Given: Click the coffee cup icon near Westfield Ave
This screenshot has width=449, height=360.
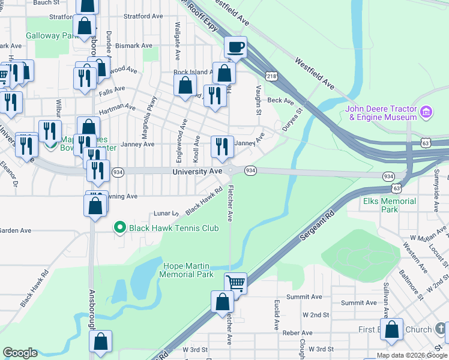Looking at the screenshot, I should coord(236,47).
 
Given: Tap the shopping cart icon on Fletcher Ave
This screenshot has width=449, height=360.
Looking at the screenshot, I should coord(236,283).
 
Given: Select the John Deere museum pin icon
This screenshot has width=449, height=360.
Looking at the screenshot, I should coord(427,112).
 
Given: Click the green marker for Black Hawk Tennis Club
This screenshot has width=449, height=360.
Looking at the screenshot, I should coord(119,227).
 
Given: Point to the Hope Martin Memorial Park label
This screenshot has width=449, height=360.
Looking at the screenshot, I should coord(187,270).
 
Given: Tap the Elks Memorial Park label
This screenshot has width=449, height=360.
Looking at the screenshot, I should coord(389,205).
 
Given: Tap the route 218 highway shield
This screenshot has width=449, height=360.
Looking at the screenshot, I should coord(272,75).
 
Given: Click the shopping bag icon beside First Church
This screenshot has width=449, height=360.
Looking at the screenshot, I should coord(391,329).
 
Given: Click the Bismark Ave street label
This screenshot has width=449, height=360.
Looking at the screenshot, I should coord(135,46).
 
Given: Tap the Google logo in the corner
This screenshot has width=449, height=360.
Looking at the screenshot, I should coord(20,353).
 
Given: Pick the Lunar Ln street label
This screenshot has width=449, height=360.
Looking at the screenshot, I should coord(167,213).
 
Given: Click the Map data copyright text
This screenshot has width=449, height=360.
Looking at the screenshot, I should coord(412,355).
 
